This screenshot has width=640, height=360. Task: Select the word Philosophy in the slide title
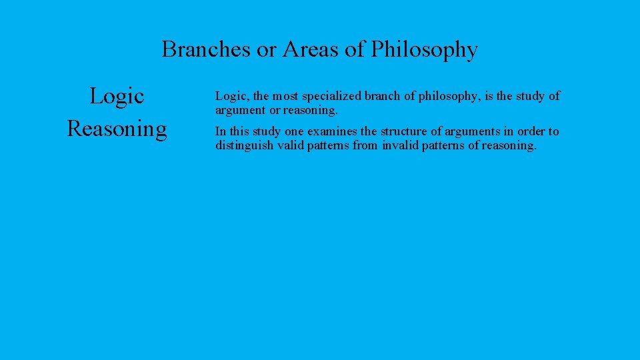pyautogui.click(x=424, y=50)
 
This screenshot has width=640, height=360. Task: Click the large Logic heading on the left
pyautogui.click(x=117, y=96)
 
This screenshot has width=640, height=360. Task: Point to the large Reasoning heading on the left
pyautogui.click(x=117, y=127)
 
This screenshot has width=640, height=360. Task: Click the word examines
pyautogui.click(x=332, y=131)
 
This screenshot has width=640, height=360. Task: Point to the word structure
pyautogui.click(x=405, y=131)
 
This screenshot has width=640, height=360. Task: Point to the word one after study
pyautogui.click(x=294, y=131)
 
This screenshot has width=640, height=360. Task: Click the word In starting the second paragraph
pyautogui.click(x=221, y=131)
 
